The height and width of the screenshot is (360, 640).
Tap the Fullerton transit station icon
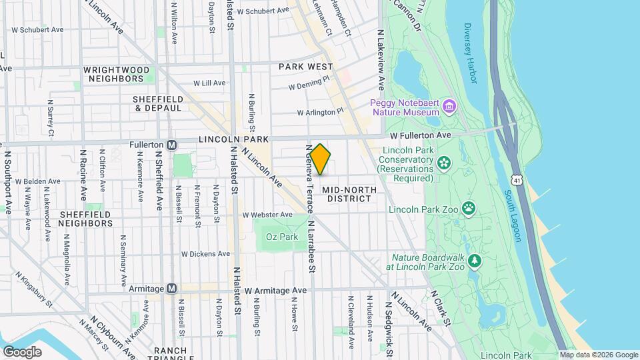click(172, 145)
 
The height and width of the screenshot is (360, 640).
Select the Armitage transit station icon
click(172, 288)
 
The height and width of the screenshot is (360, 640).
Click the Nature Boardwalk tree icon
click(475, 259)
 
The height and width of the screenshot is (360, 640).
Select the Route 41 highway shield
click(517, 179)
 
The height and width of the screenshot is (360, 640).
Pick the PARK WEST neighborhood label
click(305, 67)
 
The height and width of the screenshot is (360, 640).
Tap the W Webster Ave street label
click(267, 215)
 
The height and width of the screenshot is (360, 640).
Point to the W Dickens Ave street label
click(205, 253)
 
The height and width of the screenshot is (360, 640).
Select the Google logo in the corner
click(22, 351)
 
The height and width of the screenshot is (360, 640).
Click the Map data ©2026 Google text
click(599, 355)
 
